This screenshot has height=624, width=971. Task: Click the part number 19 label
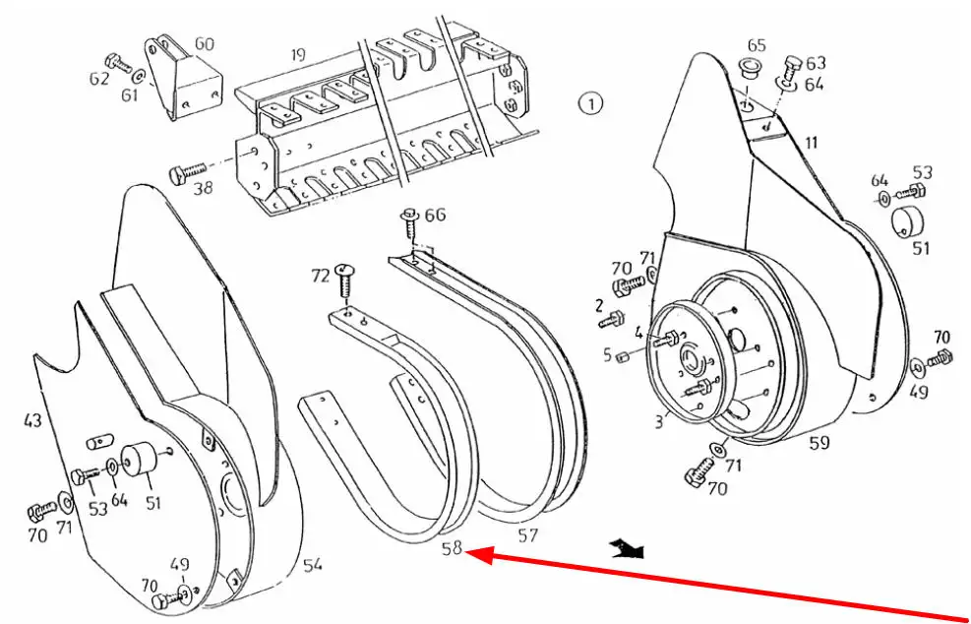(298, 55)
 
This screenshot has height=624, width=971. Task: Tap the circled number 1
(590, 103)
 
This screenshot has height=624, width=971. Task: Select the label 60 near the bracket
(204, 44)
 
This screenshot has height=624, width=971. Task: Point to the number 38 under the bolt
(203, 186)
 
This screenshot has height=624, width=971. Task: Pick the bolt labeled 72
(343, 282)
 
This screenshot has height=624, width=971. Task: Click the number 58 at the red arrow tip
(453, 548)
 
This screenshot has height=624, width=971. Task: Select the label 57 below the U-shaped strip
(527, 534)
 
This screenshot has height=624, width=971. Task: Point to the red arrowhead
(479, 553)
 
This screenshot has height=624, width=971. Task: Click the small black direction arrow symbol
(628, 548)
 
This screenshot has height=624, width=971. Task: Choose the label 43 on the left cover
(32, 420)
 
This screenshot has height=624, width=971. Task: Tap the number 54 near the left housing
(313, 565)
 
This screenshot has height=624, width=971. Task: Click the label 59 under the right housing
(819, 444)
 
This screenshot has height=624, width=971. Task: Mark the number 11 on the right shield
(812, 143)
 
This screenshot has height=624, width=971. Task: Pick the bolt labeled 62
(119, 63)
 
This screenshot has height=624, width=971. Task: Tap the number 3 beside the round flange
(659, 422)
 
